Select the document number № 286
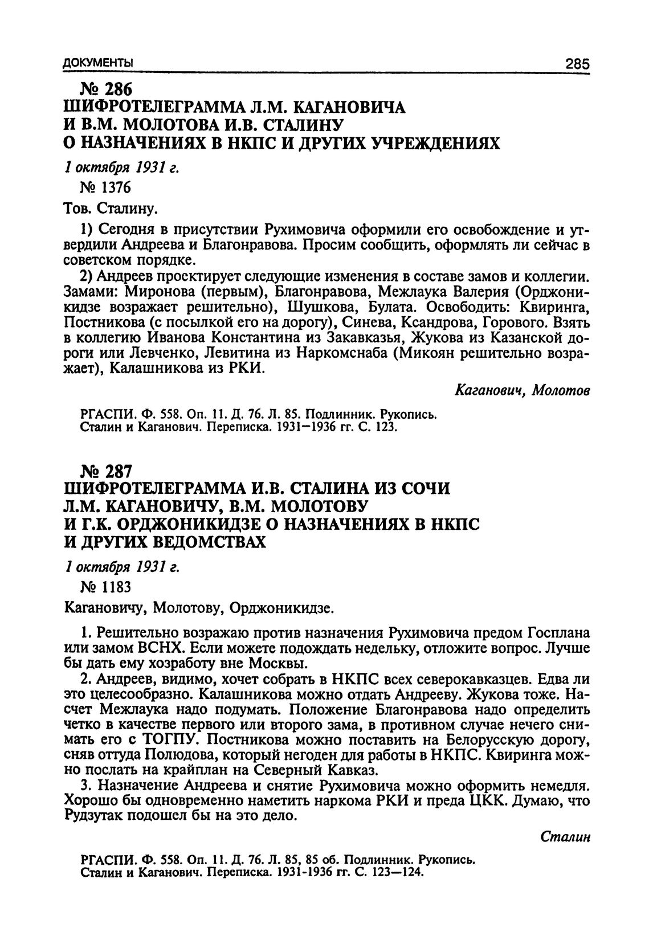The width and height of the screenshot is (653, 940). point(107,89)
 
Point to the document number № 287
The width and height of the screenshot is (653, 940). point(107,472)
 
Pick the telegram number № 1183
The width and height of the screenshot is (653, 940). point(107,587)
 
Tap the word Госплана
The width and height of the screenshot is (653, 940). point(556,634)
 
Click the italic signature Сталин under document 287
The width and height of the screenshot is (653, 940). point(564,837)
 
